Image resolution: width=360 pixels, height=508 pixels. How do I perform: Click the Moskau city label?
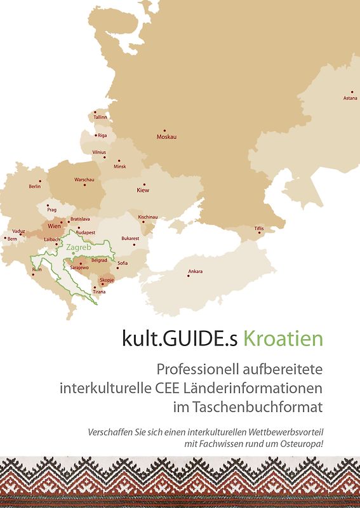tap(166, 137)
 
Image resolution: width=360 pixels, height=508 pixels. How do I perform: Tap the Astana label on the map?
tap(350, 98)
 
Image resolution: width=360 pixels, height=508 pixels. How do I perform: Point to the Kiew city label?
tap(143, 190)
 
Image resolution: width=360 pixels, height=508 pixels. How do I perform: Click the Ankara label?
tap(196, 272)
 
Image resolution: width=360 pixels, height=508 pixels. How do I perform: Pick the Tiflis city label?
tap(259, 228)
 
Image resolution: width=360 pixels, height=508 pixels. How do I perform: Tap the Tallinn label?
tap(100, 117)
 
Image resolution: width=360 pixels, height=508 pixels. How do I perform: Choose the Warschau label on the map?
tap(84, 180)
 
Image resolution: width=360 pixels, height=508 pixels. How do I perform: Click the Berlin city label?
tap(35, 187)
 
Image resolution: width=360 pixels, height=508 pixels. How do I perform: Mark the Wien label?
tap(54, 225)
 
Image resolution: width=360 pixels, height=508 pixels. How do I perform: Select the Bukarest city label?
tap(130, 238)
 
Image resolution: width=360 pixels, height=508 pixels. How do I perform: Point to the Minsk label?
tap(120, 166)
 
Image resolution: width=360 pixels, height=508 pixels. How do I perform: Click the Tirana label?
tap(99, 291)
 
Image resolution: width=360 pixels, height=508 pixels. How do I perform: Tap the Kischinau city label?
tap(147, 217)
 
